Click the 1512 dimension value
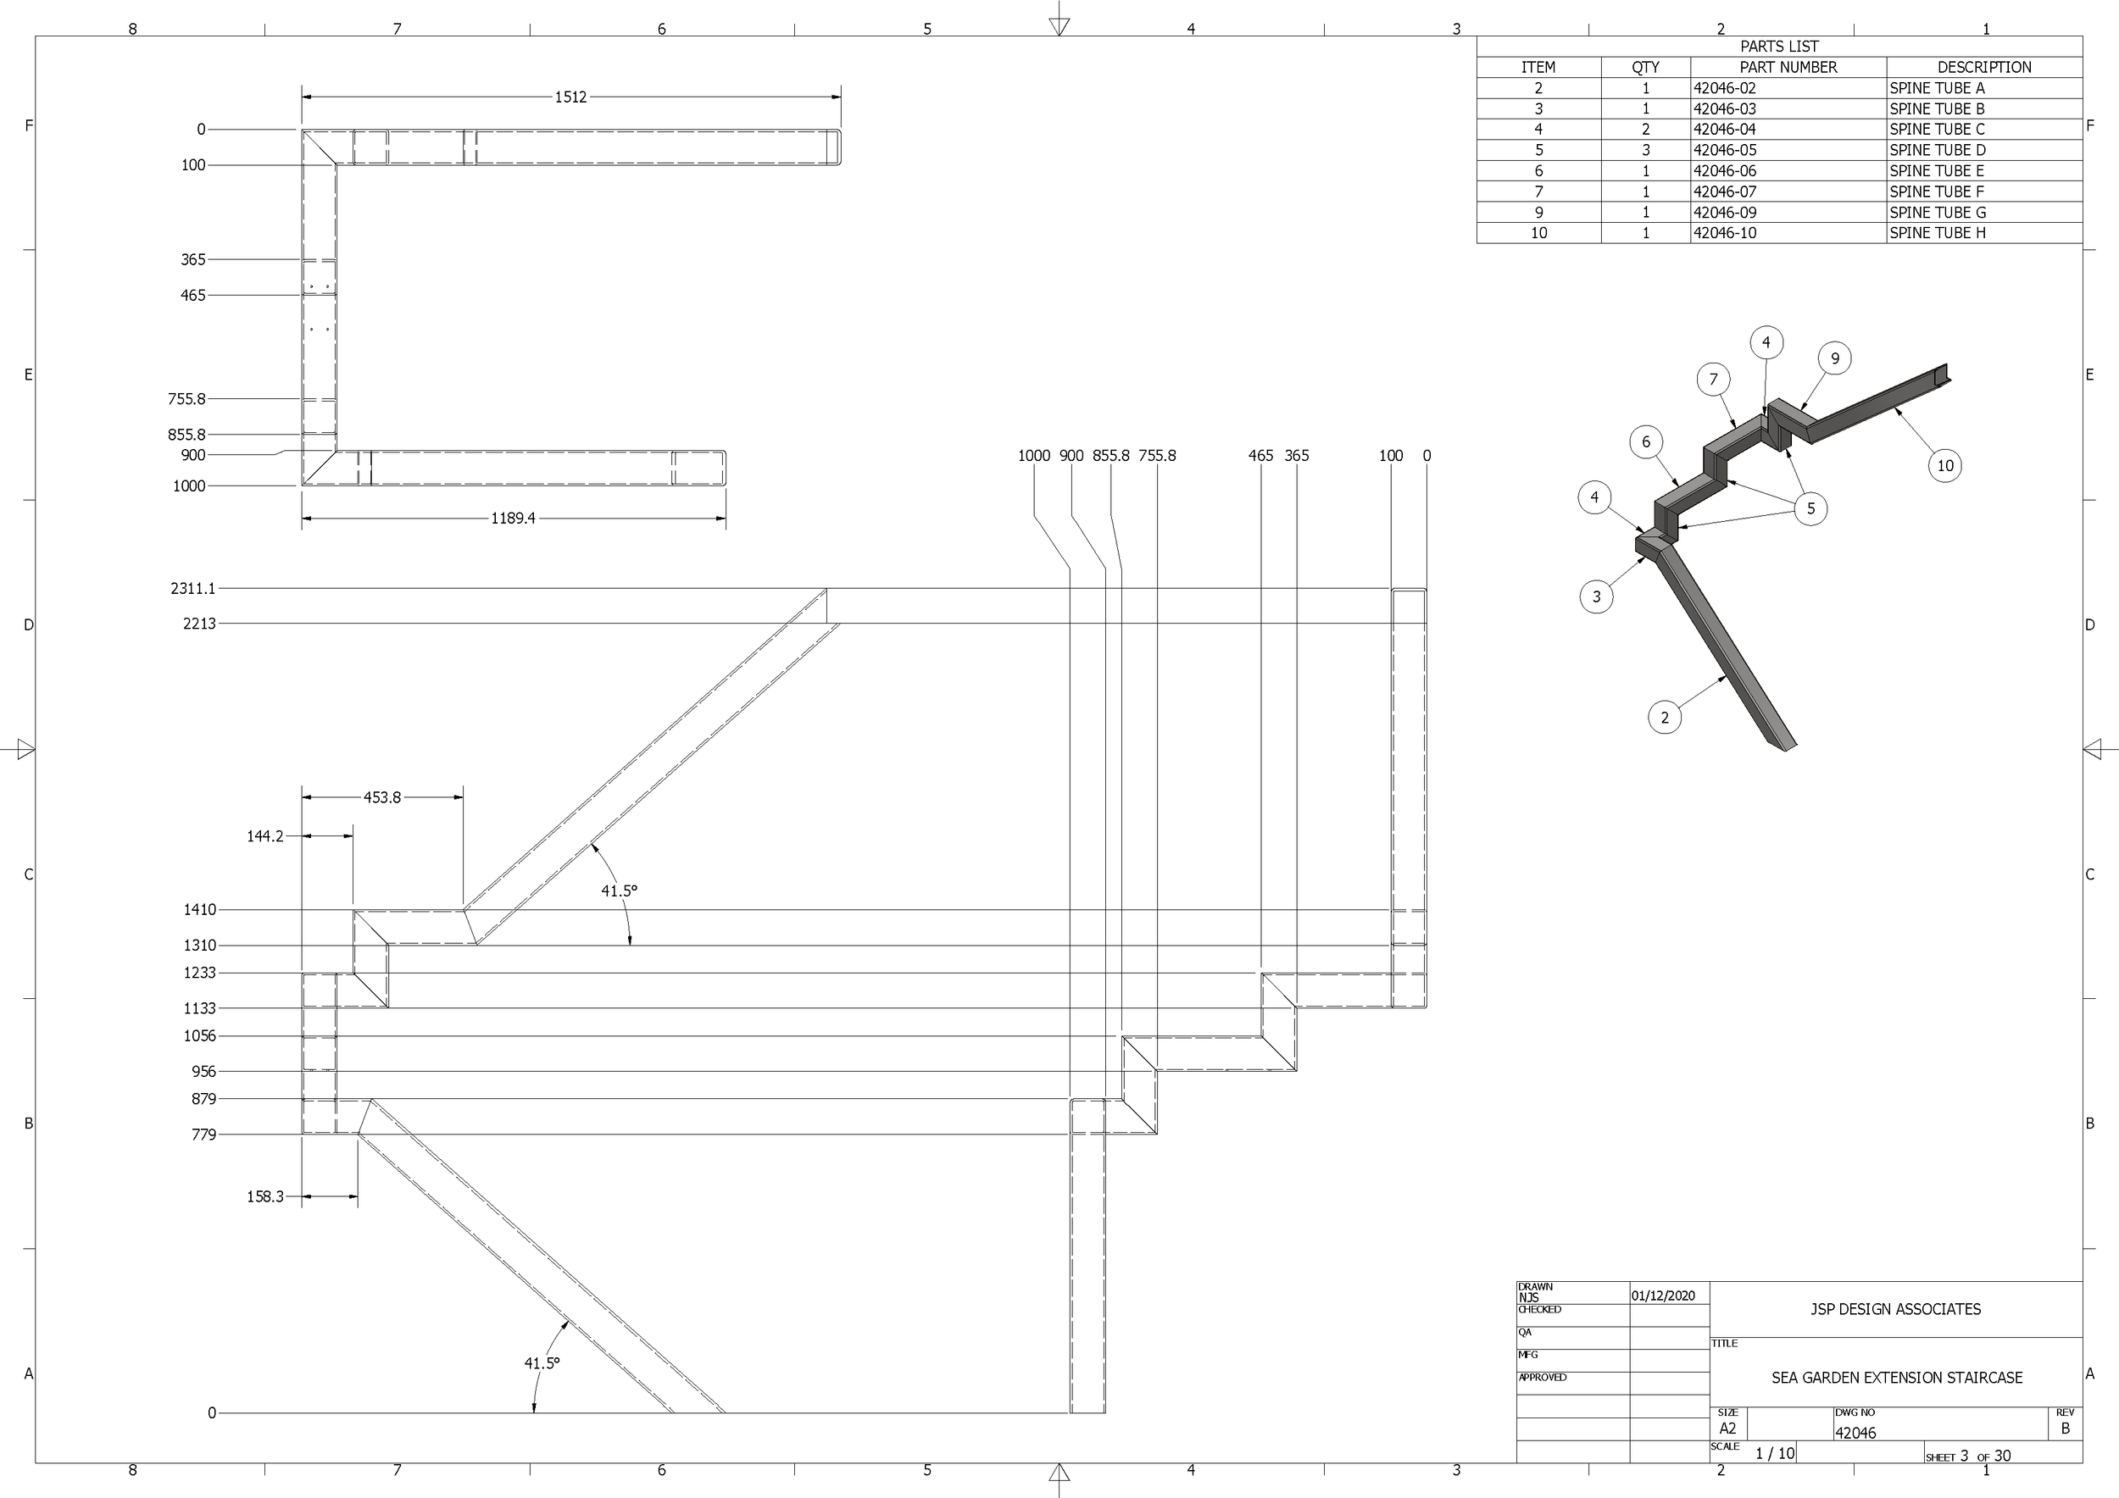(570, 97)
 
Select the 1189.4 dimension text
(513, 519)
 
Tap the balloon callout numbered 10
(1944, 466)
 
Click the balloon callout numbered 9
(1835, 358)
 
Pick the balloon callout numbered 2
(1664, 718)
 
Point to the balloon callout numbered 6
(1645, 441)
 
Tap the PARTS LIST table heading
(1778, 46)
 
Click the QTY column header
(1644, 67)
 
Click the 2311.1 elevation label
(193, 589)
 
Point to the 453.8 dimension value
(382, 797)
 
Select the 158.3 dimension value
(264, 1196)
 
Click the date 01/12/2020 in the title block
(1663, 1295)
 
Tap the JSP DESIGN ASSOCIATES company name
(1894, 1309)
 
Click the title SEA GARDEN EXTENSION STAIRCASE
(1895, 1377)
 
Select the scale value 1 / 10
(1774, 1454)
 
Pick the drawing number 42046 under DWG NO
(1855, 1433)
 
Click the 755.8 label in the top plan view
(186, 399)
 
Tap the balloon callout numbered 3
(1597, 596)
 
